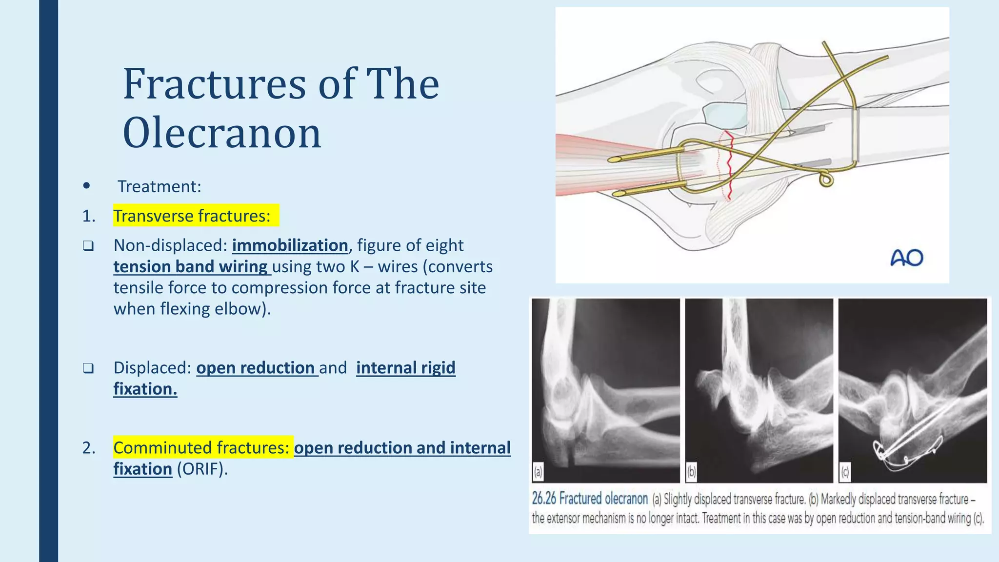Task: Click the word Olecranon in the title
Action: [x=222, y=133]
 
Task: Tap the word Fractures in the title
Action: [x=214, y=84]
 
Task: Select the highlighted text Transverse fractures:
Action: [x=192, y=216]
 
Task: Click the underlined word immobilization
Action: [x=290, y=245]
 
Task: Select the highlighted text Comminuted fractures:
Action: [x=202, y=447]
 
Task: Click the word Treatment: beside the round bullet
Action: [x=160, y=186]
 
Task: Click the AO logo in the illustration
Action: [x=906, y=258]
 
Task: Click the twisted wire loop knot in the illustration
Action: [x=826, y=180]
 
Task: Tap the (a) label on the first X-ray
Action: [x=538, y=472]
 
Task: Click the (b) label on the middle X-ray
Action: [x=691, y=472]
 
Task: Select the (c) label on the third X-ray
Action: [x=844, y=472]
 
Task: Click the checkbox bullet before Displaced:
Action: [x=88, y=368]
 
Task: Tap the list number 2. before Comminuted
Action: [x=89, y=448]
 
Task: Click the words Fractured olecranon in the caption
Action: [x=603, y=499]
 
